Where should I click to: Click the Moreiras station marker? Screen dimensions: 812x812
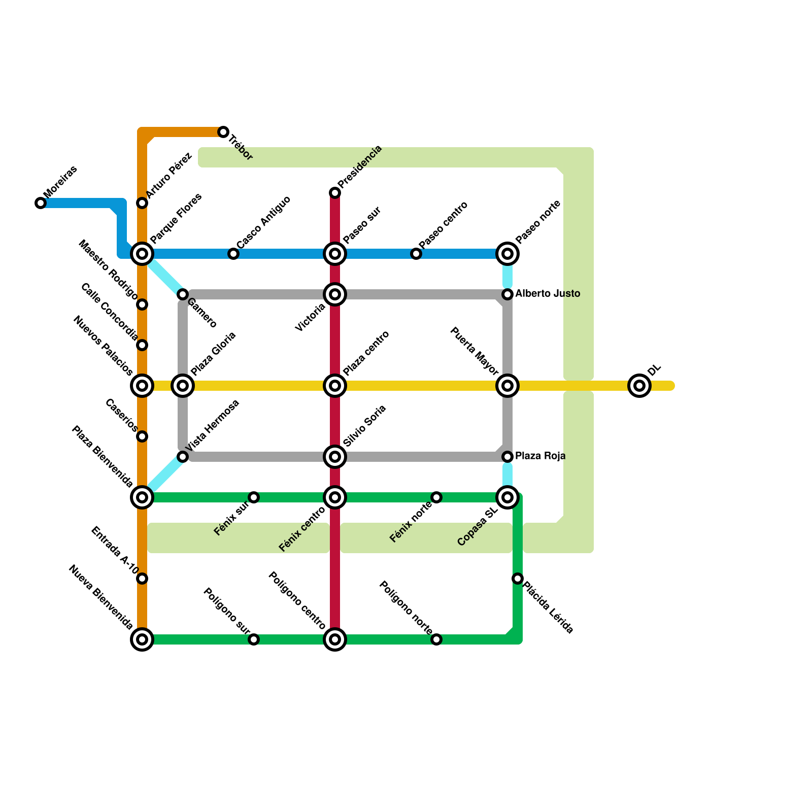coord(41,203)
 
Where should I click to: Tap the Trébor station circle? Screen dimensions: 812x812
coord(223,132)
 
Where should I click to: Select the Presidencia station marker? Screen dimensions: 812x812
coord(335,193)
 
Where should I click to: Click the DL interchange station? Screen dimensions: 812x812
coord(639,386)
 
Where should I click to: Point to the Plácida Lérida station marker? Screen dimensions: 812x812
coord(518,579)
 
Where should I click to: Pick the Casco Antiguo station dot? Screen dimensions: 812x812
coord(233,254)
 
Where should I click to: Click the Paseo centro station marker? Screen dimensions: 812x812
coord(416,254)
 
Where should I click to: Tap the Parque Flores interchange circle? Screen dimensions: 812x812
coord(142,254)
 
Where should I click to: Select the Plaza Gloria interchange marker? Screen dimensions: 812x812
coord(183,386)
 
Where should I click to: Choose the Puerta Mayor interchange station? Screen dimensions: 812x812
coord(507,386)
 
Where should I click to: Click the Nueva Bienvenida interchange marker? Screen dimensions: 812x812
coord(142,639)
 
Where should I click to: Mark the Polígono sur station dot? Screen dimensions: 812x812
coord(254,639)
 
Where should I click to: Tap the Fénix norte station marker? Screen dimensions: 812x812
coord(436,497)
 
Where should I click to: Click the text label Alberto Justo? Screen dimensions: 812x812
coord(548,294)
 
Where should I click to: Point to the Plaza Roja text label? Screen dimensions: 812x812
coord(540,456)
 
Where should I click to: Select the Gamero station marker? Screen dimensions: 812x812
coord(183,294)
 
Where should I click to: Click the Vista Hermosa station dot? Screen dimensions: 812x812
coord(183,457)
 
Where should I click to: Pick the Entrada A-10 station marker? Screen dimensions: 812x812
coord(142,579)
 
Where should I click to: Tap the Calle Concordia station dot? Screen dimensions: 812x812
coord(142,345)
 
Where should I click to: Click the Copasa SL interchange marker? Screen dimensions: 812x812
coord(507,497)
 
